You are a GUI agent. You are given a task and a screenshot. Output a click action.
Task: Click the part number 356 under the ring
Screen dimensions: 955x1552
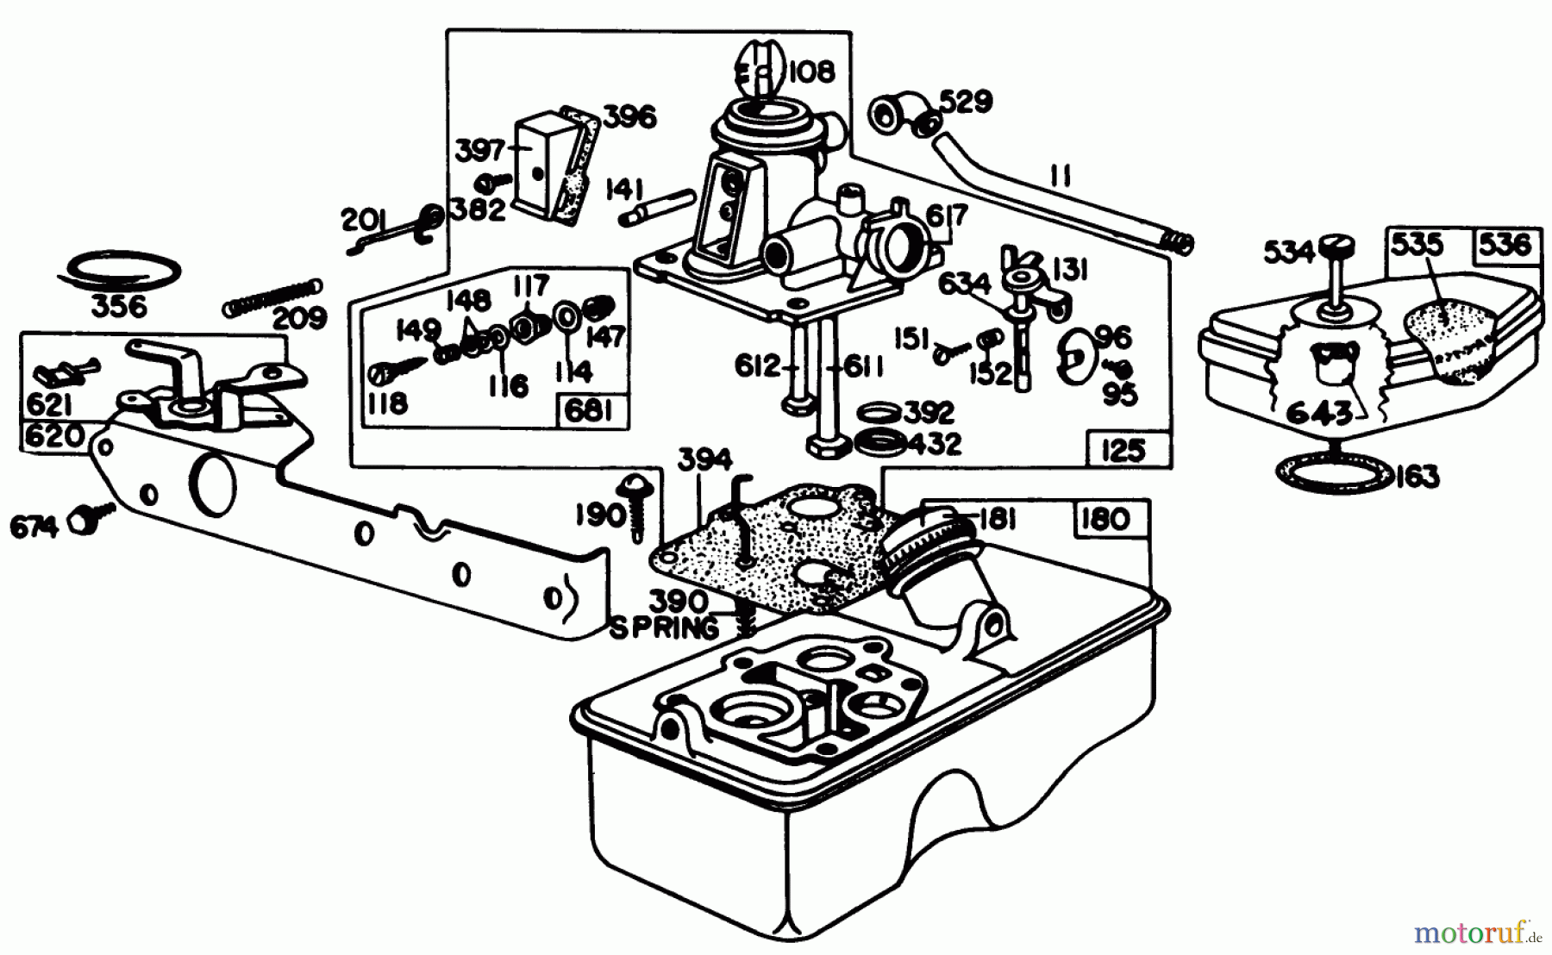coord(119,306)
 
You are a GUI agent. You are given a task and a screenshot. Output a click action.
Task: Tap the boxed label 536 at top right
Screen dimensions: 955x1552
coord(1506,246)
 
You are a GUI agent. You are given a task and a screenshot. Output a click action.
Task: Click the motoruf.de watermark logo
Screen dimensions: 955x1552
coord(1480,933)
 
